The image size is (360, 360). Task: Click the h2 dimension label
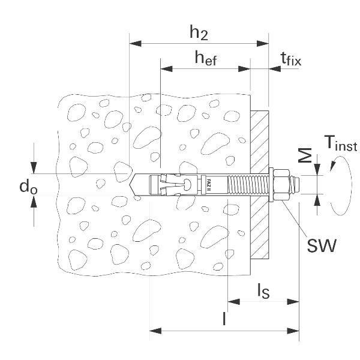(x=199, y=34)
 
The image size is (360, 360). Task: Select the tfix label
(x=291, y=59)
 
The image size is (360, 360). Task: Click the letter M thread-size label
(x=305, y=157)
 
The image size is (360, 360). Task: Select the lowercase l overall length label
(x=224, y=319)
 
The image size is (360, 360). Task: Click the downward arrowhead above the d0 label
(x=35, y=169)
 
